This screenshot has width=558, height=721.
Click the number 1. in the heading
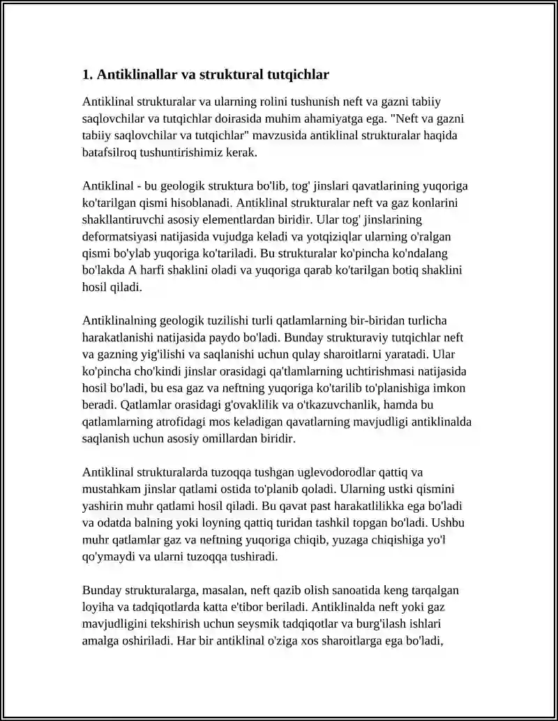pos(88,74)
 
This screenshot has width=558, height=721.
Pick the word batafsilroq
pos(113,152)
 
